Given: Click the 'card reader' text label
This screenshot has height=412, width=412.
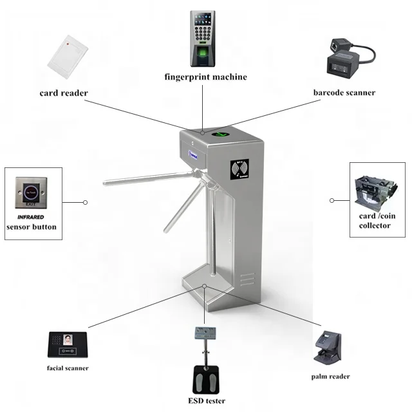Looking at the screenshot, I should point(63,93).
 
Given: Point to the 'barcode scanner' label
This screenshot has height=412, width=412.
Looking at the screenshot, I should point(344,93).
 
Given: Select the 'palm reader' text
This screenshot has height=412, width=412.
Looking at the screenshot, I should point(330,377).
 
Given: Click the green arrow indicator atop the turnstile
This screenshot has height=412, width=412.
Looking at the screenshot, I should point(221,135).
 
